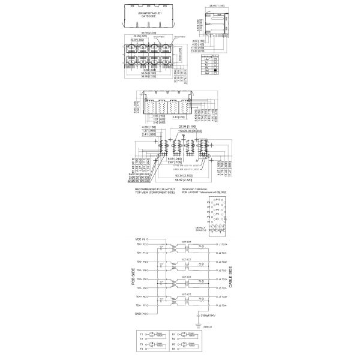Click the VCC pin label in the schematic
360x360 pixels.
pos(140,239)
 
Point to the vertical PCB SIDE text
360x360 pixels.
pos(133,278)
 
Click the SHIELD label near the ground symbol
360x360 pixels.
pos(208,326)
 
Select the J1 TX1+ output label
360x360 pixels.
pos(221,245)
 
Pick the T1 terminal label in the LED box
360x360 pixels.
pos(142,334)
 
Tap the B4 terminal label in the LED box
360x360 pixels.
pos(173,356)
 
